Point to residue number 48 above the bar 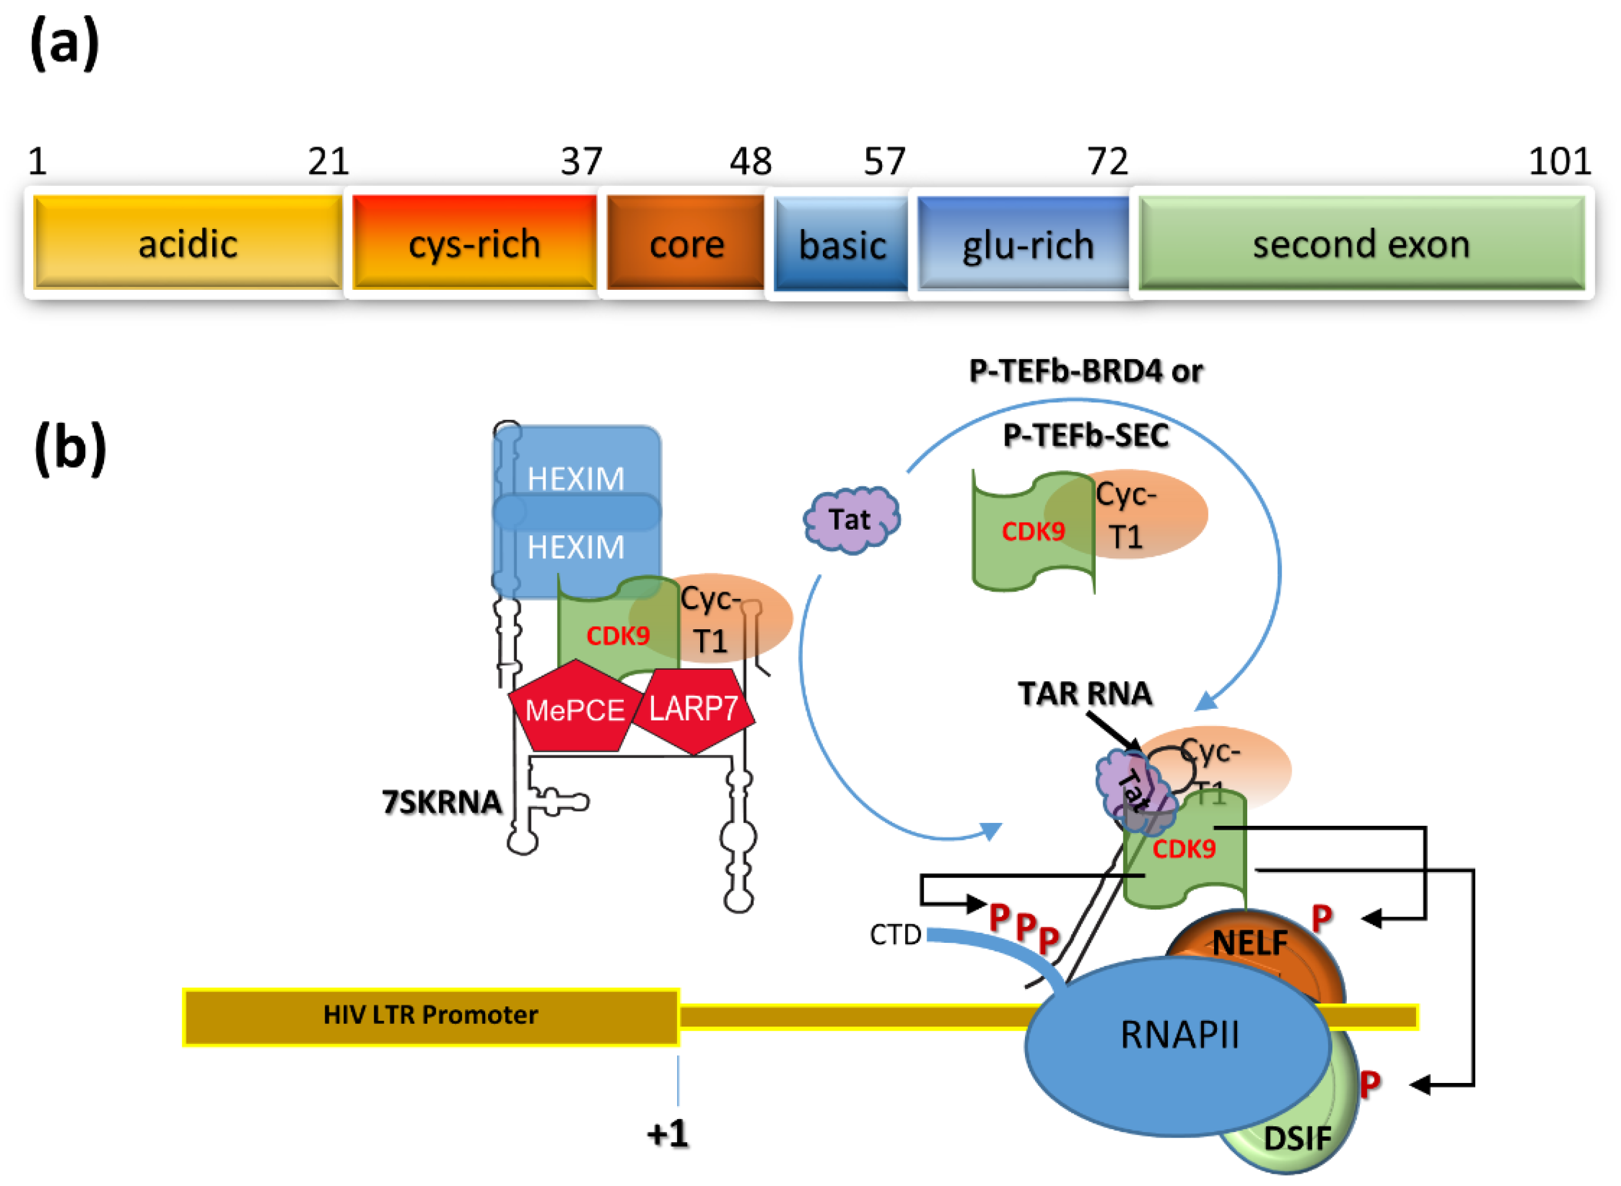pyautogui.click(x=750, y=162)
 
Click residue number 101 pyautogui.click(x=1559, y=162)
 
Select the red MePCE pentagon pyautogui.click(x=574, y=709)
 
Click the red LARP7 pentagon pyautogui.click(x=693, y=709)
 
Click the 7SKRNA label pyautogui.click(x=441, y=802)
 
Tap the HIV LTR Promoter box pyautogui.click(x=431, y=1014)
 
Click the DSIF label pyautogui.click(x=1296, y=1139)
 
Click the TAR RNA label pyautogui.click(x=1085, y=694)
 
